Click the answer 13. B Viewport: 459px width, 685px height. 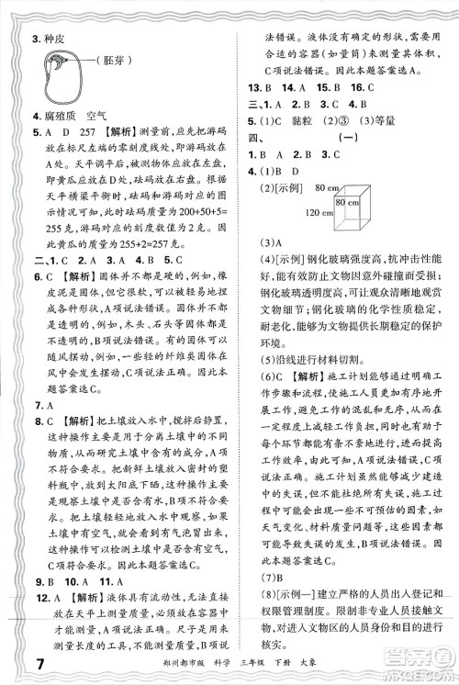[x=264, y=87]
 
